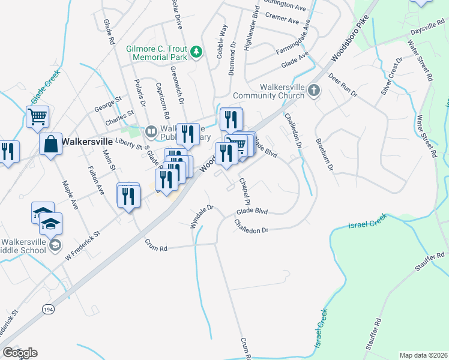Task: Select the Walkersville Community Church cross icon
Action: click(313, 91)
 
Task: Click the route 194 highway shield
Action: click(47, 308)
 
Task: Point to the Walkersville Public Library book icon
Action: click(151, 130)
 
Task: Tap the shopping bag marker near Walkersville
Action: click(50, 145)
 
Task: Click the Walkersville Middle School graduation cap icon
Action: click(55, 244)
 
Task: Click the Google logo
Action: click(20, 352)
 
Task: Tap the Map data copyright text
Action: click(423, 355)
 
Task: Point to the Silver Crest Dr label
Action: click(391, 77)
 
